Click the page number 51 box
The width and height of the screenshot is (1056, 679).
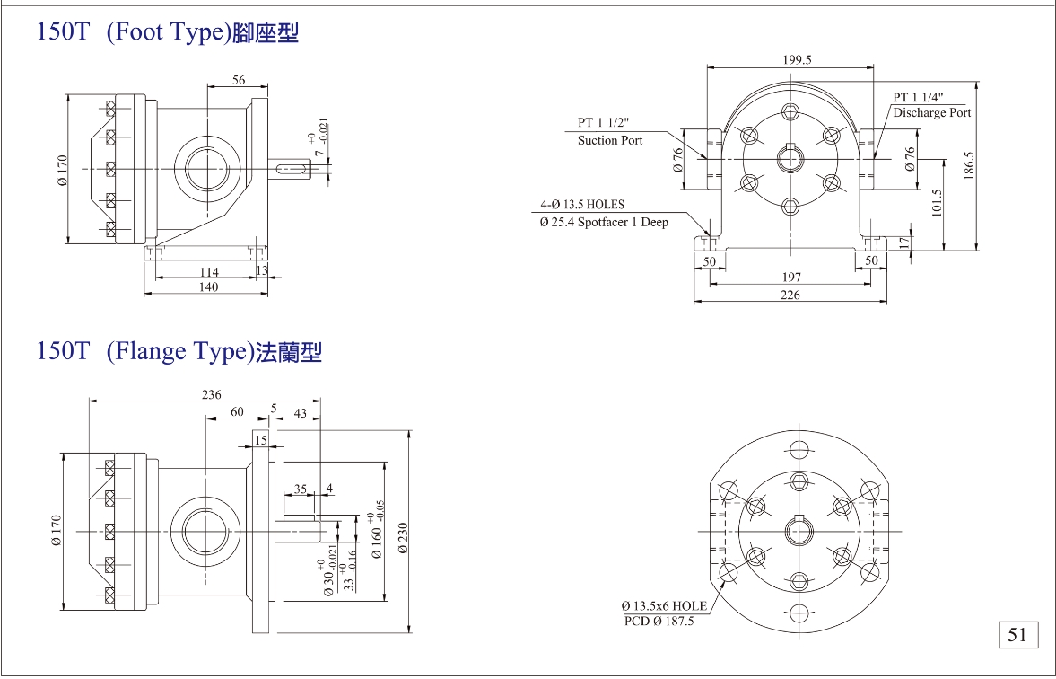pyautogui.click(x=1017, y=635)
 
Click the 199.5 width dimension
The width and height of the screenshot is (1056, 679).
pyautogui.click(x=796, y=60)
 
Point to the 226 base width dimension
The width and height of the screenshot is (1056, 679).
pyautogui.click(x=790, y=295)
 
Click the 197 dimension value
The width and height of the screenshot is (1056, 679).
pyautogui.click(x=790, y=278)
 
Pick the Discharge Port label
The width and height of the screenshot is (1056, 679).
pyautogui.click(x=931, y=113)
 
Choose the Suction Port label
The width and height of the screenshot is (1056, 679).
pyautogui.click(x=610, y=140)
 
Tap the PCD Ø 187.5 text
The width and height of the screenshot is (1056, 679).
pyautogui.click(x=659, y=621)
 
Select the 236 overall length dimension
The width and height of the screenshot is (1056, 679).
pyautogui.click(x=211, y=395)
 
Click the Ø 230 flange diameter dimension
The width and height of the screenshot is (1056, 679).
pyautogui.click(x=402, y=539)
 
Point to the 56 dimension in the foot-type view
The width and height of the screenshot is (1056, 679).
pyautogui.click(x=239, y=80)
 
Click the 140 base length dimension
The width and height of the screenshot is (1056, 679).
pyautogui.click(x=208, y=287)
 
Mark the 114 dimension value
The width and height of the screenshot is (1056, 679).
pyautogui.click(x=208, y=271)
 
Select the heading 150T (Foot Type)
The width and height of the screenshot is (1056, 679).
pyautogui.click(x=167, y=33)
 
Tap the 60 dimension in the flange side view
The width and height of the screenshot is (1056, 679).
pyautogui.click(x=237, y=411)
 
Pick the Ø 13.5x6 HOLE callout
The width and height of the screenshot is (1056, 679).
pyautogui.click(x=665, y=605)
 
